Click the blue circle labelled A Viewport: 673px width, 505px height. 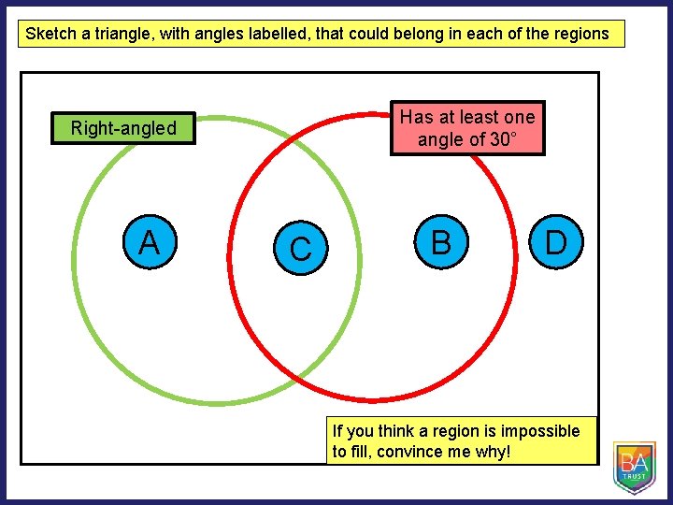pos(149,243)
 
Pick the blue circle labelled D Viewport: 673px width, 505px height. pos(556,243)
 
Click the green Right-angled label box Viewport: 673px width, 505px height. pos(123,128)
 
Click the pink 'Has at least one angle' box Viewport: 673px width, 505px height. pos(467,128)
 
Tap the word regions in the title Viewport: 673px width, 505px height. pos(580,35)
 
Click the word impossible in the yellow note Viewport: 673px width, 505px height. pos(539,431)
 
